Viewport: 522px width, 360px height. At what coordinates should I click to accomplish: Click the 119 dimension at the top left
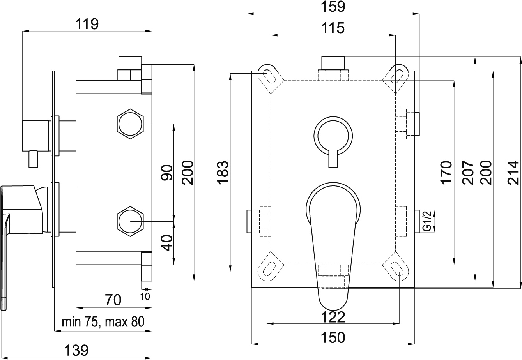(87, 25)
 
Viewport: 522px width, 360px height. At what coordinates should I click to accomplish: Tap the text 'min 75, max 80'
(103, 322)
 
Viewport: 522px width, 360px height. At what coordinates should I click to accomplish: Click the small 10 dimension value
(145, 295)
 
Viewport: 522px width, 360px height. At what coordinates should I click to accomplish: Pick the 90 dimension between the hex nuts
(167, 172)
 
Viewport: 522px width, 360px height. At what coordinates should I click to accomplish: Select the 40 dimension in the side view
(167, 242)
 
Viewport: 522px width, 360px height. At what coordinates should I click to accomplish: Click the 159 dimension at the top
(334, 7)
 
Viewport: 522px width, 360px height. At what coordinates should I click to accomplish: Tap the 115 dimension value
(333, 28)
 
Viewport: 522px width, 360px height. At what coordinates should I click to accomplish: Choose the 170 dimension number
(447, 172)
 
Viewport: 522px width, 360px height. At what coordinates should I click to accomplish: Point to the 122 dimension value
(334, 317)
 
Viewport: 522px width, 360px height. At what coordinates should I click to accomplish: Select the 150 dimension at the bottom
(334, 337)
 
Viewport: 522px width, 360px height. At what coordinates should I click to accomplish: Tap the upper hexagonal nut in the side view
(130, 124)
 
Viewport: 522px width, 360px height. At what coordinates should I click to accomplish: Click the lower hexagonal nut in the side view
(130, 221)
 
